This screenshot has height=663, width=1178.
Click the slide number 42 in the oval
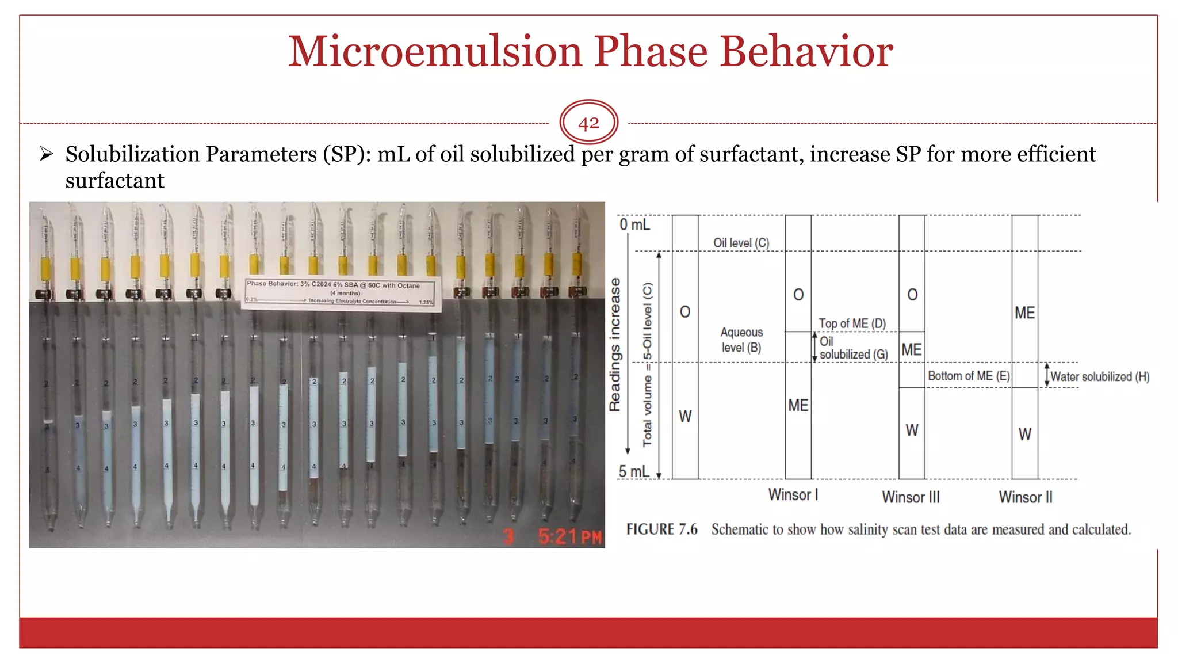[588, 123]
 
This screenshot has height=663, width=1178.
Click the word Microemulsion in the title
[434, 52]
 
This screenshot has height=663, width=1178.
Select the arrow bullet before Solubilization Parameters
[47, 154]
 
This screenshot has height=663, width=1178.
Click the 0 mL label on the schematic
[634, 224]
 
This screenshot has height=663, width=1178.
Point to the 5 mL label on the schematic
[633, 472]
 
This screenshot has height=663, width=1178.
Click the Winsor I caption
[793, 495]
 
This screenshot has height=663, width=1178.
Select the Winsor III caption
[911, 497]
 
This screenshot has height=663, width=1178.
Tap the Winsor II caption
[1025, 497]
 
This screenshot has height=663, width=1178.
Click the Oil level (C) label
[741, 243]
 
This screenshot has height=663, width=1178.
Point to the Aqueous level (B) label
[741, 340]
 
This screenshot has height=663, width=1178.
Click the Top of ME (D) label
[852, 323]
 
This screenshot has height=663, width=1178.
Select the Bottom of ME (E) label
[968, 376]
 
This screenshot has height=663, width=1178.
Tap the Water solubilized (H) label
[1099, 377]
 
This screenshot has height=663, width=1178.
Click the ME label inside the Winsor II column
[1024, 313]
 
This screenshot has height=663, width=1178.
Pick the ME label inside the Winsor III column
[911, 350]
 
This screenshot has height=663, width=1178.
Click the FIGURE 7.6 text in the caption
[661, 529]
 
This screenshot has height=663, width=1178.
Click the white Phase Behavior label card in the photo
[341, 294]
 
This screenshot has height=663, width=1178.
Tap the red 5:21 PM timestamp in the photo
[569, 537]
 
